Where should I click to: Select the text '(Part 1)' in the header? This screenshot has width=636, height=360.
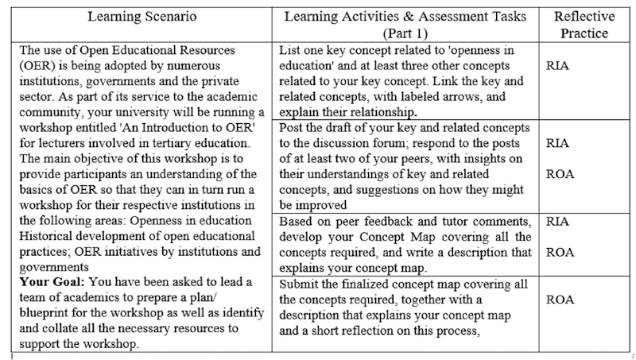406,34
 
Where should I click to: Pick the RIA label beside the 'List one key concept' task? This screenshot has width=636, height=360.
563,68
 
